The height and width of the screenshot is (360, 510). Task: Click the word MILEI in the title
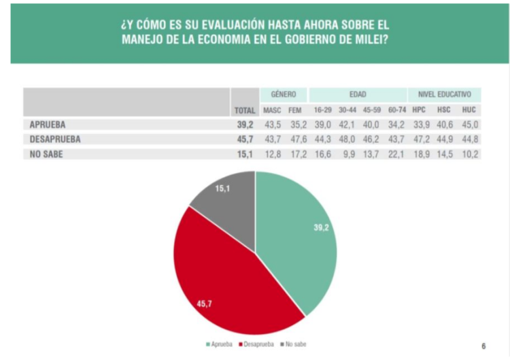369,39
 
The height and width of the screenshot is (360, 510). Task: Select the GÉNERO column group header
283,95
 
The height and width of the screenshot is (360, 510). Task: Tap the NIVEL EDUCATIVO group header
444,95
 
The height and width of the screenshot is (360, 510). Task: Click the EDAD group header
358,95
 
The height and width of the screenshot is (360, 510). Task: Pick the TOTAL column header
244,110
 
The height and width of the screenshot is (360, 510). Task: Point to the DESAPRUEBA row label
55,140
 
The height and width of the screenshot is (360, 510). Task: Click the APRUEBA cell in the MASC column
272,125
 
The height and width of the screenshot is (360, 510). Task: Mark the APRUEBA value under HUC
469,125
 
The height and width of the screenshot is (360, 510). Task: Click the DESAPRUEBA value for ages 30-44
347,140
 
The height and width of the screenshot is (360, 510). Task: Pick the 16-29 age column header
322,110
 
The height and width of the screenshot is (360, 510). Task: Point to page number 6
483,346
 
